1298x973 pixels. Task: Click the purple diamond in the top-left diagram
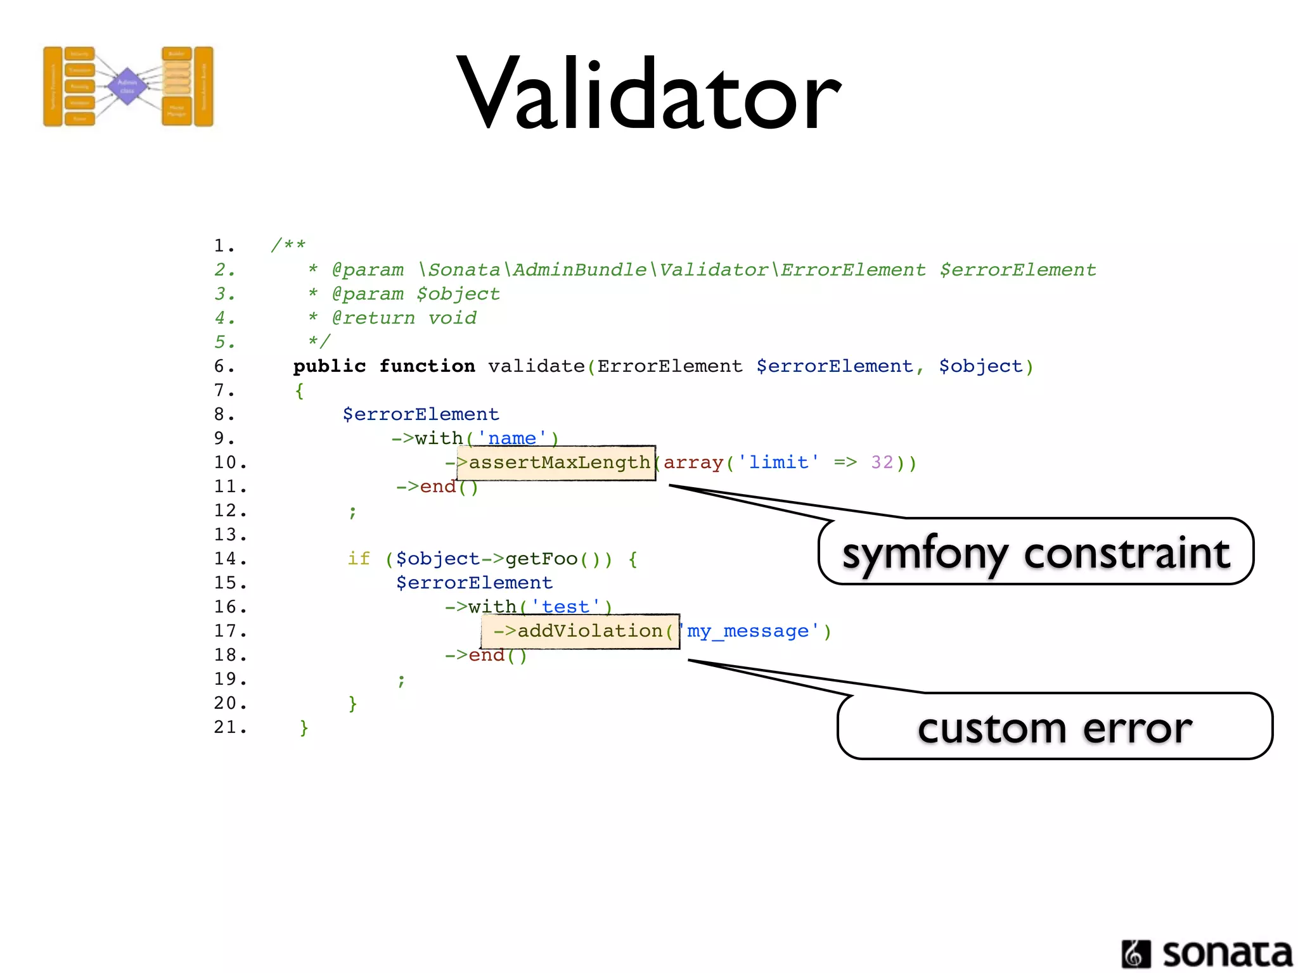[x=127, y=86]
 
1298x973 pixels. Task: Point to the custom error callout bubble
[x=1055, y=727]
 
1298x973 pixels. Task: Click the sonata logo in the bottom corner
[x=1207, y=953]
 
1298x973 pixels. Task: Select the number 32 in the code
[x=882, y=462]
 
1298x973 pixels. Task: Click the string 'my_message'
[x=748, y=631]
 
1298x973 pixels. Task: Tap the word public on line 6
[x=330, y=366]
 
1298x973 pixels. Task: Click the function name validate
[x=536, y=366]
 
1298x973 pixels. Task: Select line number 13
[x=229, y=535]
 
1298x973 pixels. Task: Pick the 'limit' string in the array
[x=778, y=462]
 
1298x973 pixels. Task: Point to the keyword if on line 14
[x=359, y=559]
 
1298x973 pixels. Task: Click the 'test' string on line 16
[x=565, y=607]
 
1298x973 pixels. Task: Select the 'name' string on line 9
[x=512, y=438]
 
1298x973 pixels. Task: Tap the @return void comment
[x=404, y=318]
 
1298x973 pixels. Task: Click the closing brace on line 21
[x=304, y=727]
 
